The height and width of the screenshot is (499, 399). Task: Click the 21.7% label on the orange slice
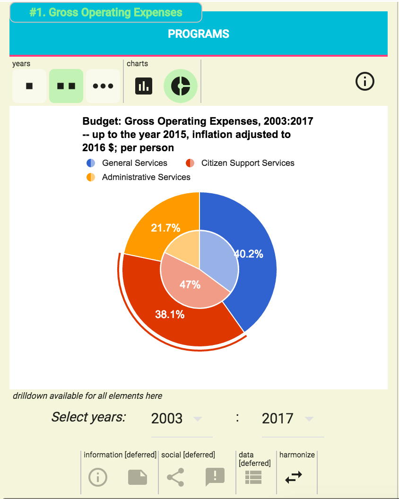pyautogui.click(x=165, y=228)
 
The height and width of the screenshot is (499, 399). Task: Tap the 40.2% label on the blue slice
pyautogui.click(x=249, y=254)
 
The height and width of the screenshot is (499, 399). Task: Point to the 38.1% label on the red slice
pyautogui.click(x=170, y=314)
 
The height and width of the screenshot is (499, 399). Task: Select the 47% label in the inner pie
pyautogui.click(x=190, y=284)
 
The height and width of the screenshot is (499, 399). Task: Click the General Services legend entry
pyautogui.click(x=134, y=163)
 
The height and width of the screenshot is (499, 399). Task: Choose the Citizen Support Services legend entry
pyautogui.click(x=247, y=163)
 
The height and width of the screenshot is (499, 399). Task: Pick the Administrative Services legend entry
pyautogui.click(x=146, y=177)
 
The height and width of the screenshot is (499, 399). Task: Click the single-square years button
pyautogui.click(x=29, y=86)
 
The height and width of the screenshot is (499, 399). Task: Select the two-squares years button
pyautogui.click(x=66, y=86)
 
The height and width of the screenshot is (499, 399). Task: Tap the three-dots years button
pyautogui.click(x=103, y=86)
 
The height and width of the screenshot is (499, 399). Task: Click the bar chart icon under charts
pyautogui.click(x=144, y=86)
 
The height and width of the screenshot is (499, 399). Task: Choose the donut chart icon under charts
pyautogui.click(x=181, y=86)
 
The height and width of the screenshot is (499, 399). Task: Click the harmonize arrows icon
pyautogui.click(x=294, y=478)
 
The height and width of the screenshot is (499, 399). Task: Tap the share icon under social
pyautogui.click(x=175, y=478)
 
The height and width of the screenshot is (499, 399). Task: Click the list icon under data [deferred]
pyautogui.click(x=253, y=478)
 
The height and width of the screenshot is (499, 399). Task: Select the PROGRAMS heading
pyautogui.click(x=199, y=34)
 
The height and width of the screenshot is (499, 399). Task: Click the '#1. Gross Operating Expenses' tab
pyautogui.click(x=106, y=13)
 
